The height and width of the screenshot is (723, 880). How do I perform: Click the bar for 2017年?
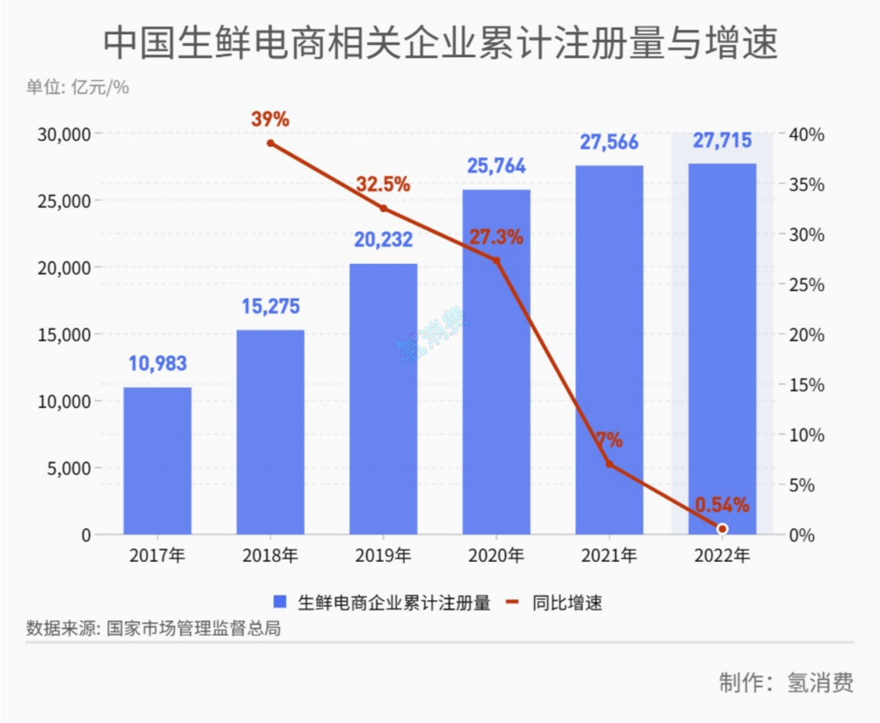(x=157, y=460)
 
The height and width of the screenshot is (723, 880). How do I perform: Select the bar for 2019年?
(x=383, y=398)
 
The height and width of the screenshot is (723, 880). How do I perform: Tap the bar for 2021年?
(x=609, y=349)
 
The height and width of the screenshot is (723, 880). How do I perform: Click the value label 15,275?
(x=270, y=307)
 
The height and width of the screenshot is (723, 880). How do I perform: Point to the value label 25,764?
(x=496, y=166)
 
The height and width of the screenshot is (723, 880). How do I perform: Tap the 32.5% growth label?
(x=383, y=185)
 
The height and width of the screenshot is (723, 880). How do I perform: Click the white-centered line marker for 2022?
(x=722, y=529)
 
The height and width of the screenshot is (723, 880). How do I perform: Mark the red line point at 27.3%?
(x=496, y=260)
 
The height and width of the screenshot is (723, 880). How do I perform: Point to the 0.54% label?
(x=722, y=505)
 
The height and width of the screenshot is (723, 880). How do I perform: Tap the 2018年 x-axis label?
(x=270, y=556)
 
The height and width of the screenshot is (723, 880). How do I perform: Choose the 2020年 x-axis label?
(x=496, y=556)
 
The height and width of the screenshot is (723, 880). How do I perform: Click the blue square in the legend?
(x=281, y=602)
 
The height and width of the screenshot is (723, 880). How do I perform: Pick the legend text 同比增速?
(x=568, y=602)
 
